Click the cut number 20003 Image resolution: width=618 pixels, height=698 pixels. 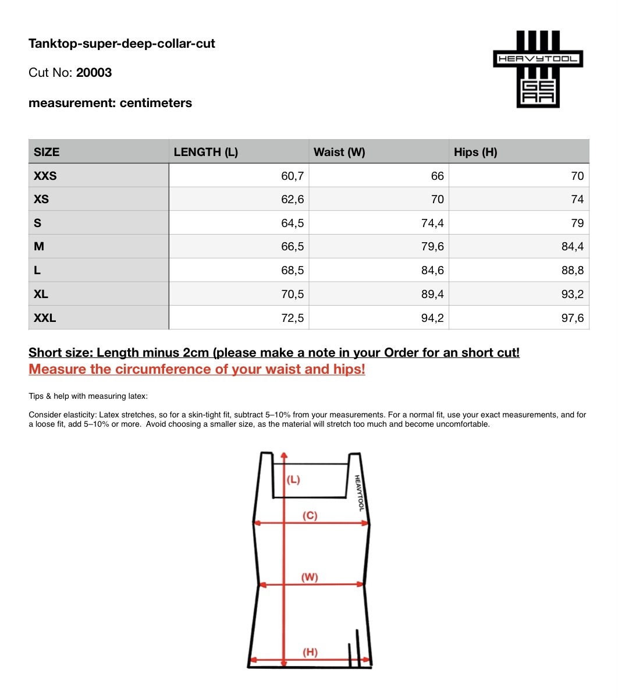[x=94, y=73]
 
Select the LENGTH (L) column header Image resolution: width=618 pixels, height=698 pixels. [x=206, y=152]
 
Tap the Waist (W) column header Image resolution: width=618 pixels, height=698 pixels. [x=339, y=152]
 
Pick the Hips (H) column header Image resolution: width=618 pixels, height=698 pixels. [x=475, y=152]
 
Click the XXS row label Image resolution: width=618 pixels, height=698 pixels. [x=45, y=176]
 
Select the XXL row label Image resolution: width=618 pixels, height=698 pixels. [x=45, y=318]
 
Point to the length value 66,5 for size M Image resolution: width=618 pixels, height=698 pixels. [x=292, y=247]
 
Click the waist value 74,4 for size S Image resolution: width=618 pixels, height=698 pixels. [x=432, y=223]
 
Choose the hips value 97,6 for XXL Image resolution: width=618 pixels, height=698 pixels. [x=573, y=318]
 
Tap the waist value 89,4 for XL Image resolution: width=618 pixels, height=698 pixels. [x=432, y=295]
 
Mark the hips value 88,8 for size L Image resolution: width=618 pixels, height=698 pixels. [x=573, y=271]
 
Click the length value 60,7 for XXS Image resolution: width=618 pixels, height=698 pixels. [x=292, y=176]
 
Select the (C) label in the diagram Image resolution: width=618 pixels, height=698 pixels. [x=310, y=516]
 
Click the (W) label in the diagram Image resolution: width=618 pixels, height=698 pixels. [x=310, y=577]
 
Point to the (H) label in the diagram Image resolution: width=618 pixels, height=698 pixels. [x=310, y=652]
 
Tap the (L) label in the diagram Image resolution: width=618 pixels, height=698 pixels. [x=293, y=480]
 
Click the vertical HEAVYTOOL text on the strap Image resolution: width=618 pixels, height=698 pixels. [x=359, y=493]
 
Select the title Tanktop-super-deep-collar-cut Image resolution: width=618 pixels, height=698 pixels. [x=122, y=44]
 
